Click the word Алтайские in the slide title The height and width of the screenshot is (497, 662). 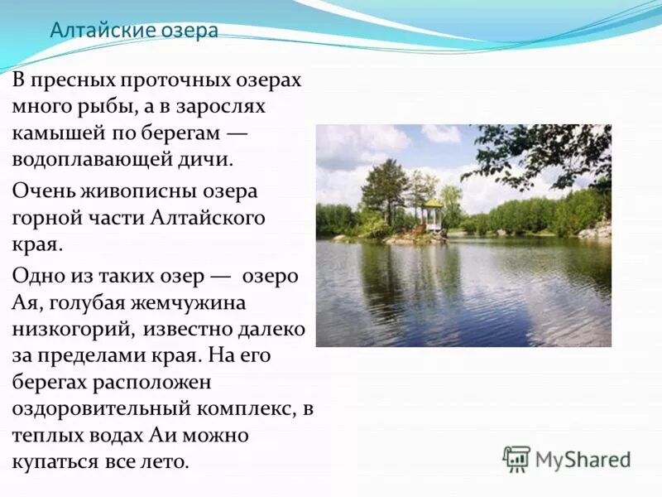pyautogui.click(x=91, y=31)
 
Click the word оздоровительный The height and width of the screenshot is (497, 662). pyautogui.click(x=101, y=408)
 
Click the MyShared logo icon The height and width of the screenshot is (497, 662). pyautogui.click(x=516, y=458)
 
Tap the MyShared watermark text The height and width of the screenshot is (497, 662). pyautogui.click(x=583, y=459)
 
